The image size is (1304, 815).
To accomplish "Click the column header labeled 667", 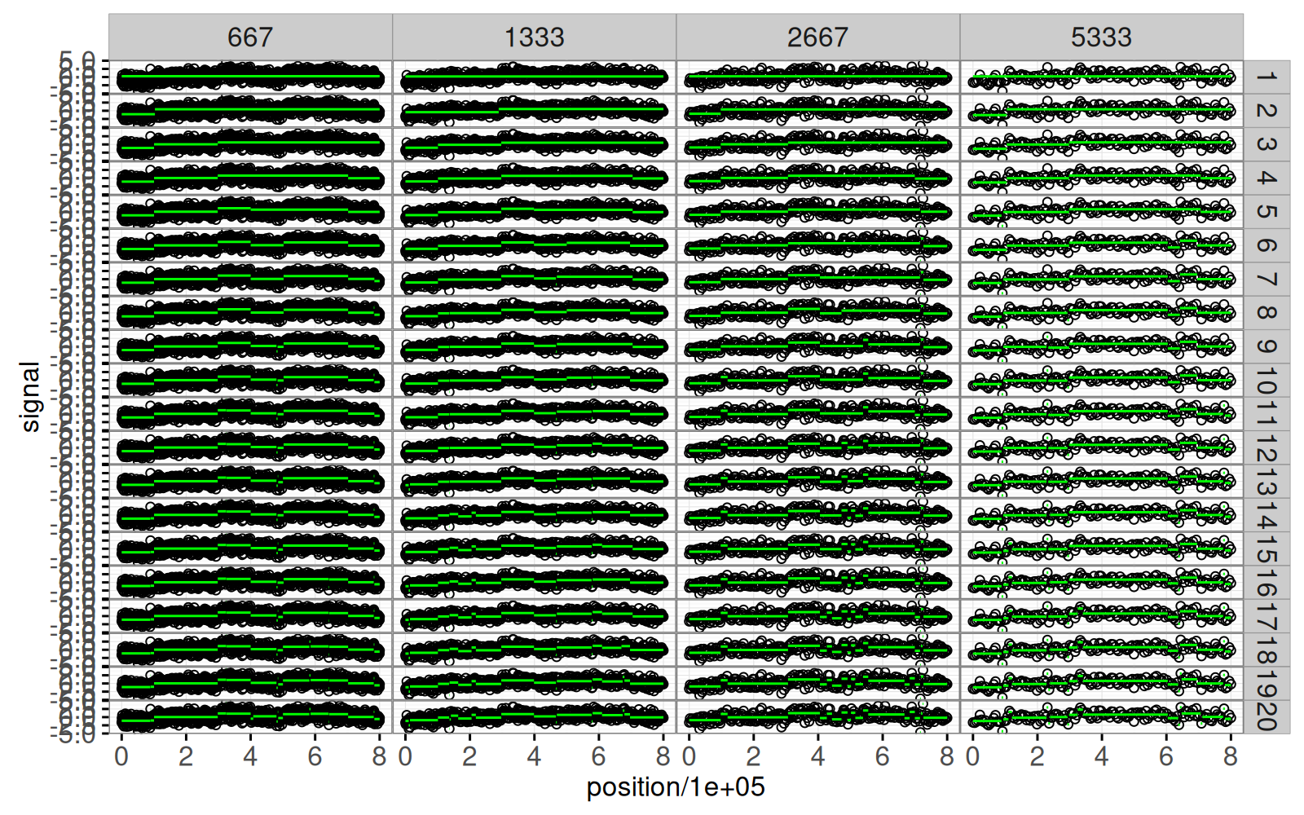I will [x=250, y=37].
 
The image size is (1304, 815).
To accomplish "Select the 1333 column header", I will [x=534, y=37].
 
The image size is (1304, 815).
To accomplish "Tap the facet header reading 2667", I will [x=817, y=37].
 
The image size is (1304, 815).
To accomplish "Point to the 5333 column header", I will [x=1101, y=37].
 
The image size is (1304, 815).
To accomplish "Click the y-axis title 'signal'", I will [x=30, y=397].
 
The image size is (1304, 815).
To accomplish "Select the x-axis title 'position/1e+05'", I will [x=676, y=788].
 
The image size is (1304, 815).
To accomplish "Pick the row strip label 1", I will [x=1266, y=77].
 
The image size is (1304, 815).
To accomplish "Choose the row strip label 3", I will [x=1266, y=145].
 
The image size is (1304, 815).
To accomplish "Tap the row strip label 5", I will [x=1266, y=212].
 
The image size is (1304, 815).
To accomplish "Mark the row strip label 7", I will [x=1266, y=280].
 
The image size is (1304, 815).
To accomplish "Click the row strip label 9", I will [x=1266, y=346].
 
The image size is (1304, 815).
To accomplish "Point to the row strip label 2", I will [x=1266, y=111].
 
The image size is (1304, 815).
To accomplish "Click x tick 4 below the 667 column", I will [x=250, y=757].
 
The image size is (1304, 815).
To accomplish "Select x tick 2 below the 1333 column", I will [x=469, y=757].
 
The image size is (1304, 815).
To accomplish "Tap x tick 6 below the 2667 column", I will [x=882, y=757].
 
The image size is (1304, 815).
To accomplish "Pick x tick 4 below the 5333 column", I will [x=1101, y=757].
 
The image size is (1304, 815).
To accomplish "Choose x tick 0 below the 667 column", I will [x=121, y=757].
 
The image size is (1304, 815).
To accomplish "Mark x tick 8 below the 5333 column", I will [x=1230, y=757].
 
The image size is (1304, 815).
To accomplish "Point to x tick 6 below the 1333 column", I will [x=598, y=757].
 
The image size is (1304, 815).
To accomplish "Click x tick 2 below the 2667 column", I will [x=753, y=757].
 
